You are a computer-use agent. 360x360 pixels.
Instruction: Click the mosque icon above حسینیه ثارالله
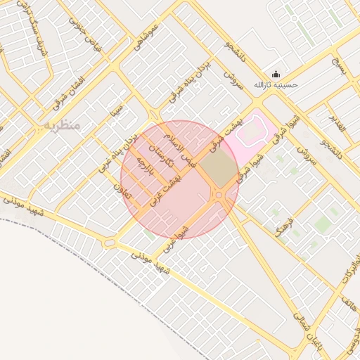[x=276, y=75]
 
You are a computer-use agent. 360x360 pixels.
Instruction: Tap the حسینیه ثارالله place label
[x=276, y=85]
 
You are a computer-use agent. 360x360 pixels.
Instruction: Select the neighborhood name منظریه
[x=63, y=124]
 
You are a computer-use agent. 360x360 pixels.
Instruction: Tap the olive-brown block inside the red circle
[x=219, y=169]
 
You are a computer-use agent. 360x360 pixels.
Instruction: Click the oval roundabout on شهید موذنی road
[x=109, y=243]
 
